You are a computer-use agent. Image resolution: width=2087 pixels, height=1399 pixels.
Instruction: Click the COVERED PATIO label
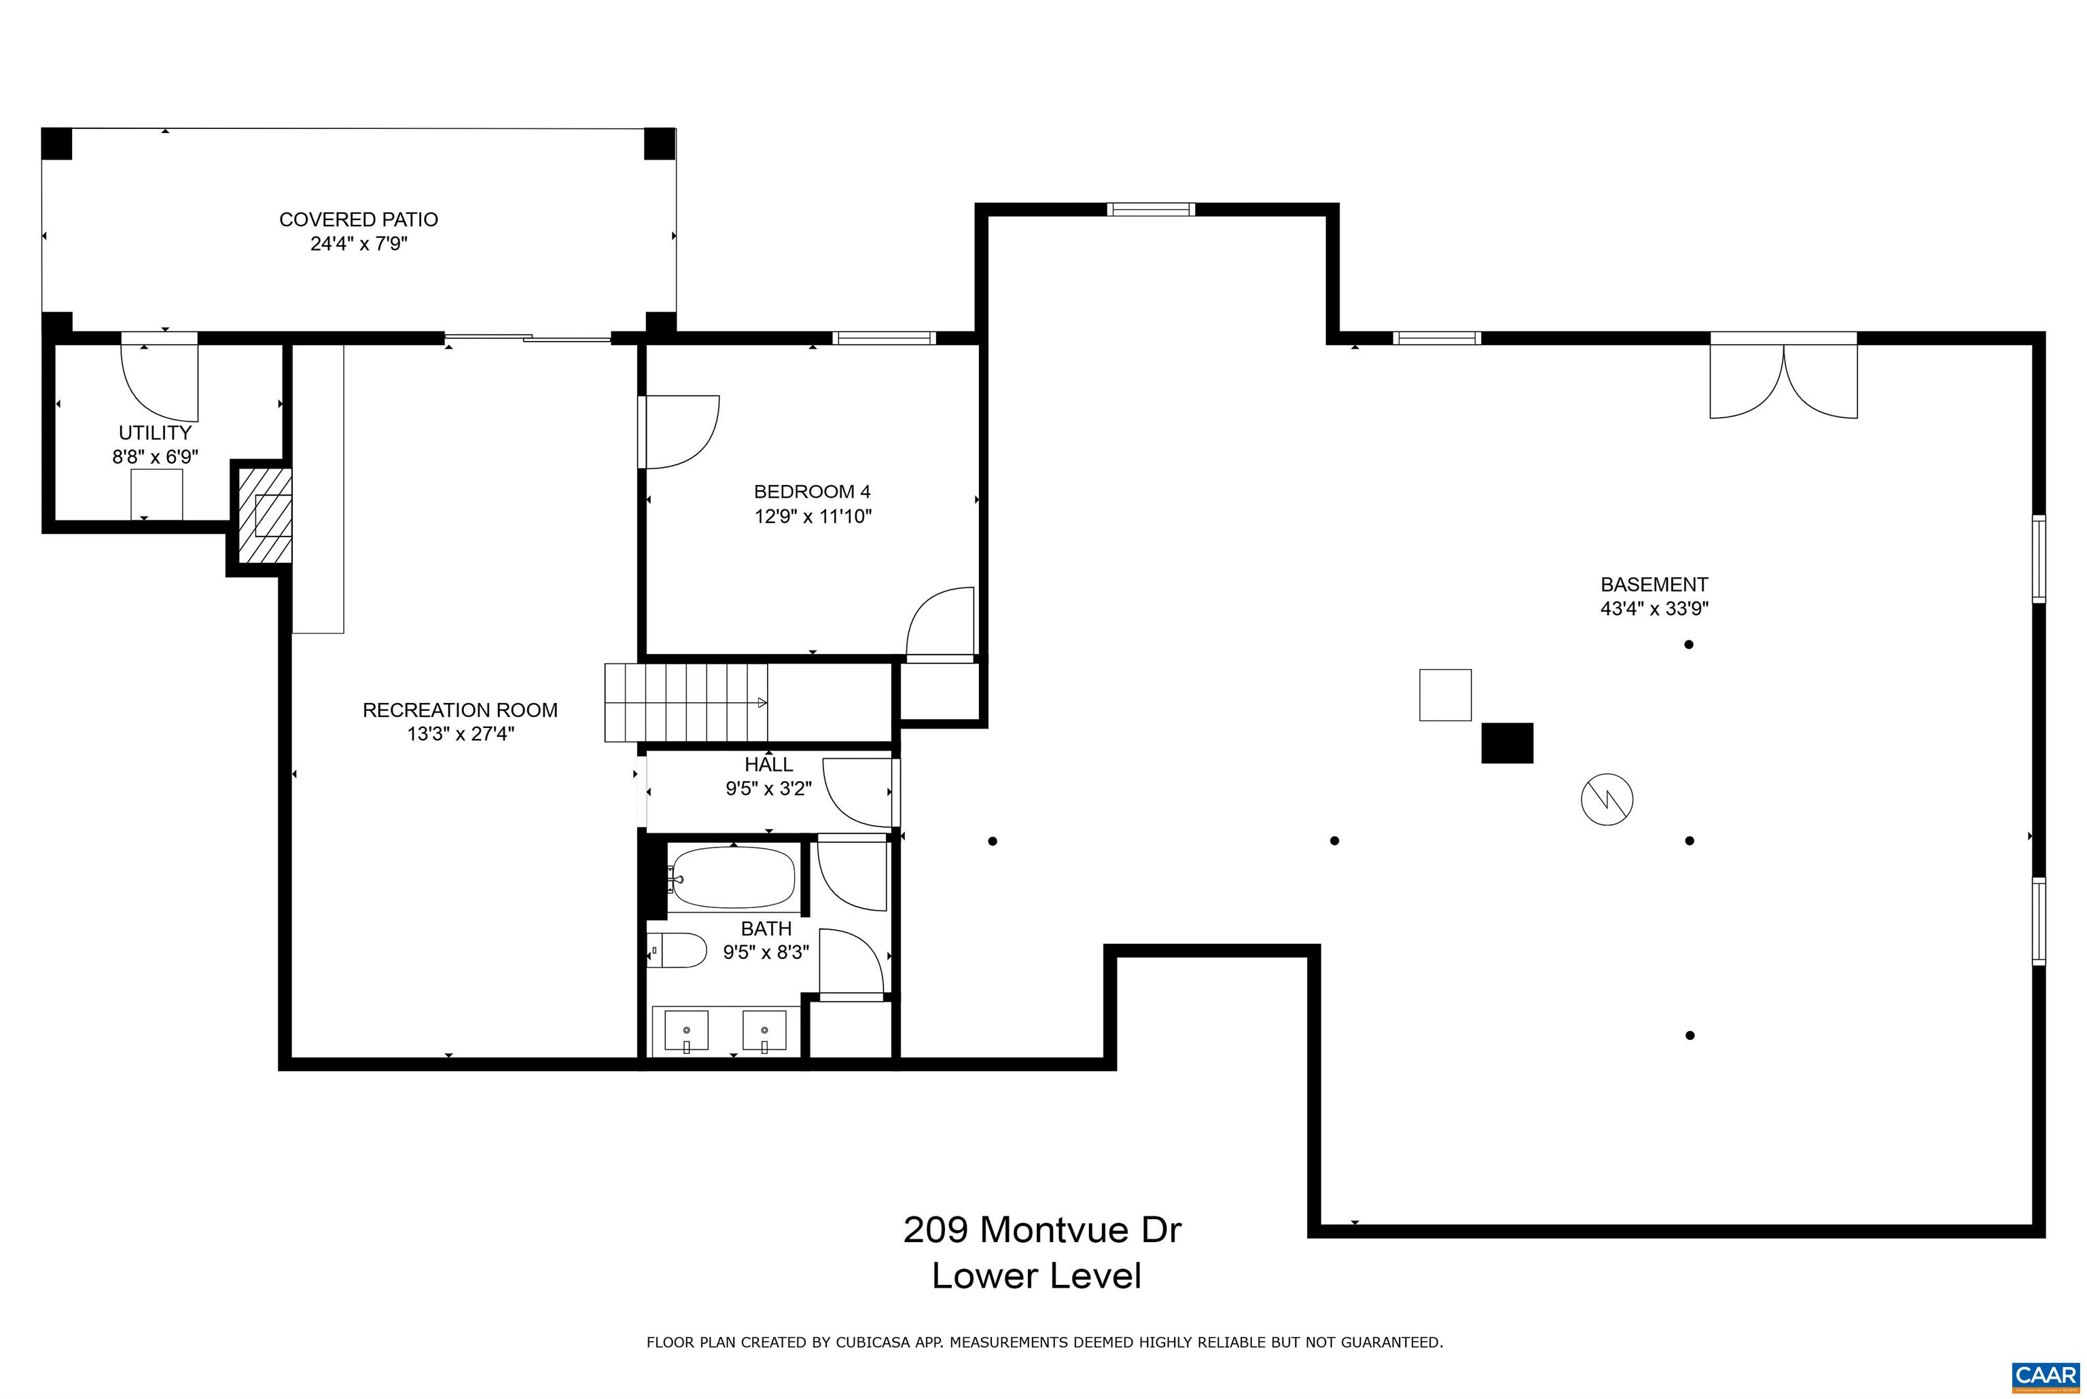(x=359, y=219)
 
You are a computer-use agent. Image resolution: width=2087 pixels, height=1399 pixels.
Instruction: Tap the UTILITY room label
(x=156, y=433)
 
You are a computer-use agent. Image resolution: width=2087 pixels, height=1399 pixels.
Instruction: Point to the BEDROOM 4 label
(x=812, y=492)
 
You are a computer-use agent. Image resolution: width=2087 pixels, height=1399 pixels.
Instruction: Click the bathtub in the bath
(x=732, y=878)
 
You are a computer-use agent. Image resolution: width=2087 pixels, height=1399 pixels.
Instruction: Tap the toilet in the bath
(x=677, y=950)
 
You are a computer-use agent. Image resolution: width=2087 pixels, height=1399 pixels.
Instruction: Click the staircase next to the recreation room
(x=686, y=703)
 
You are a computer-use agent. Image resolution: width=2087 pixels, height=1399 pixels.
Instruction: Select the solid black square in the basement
(x=1507, y=743)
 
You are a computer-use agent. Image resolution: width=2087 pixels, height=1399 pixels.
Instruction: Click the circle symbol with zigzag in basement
(x=1607, y=799)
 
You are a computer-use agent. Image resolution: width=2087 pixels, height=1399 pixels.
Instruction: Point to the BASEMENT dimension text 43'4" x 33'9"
(x=1654, y=609)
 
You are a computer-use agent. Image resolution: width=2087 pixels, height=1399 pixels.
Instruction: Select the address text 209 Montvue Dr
(x=1042, y=1229)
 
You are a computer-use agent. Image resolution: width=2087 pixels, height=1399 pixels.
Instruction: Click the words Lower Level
(x=1037, y=1276)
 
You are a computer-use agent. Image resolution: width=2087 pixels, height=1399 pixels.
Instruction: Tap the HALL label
(x=768, y=765)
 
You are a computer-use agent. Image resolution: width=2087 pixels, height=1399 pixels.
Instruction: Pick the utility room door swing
(x=160, y=383)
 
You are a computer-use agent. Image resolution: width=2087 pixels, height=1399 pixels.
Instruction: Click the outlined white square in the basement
(x=1446, y=695)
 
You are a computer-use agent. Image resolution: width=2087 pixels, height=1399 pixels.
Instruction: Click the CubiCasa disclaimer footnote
(x=1045, y=1342)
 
